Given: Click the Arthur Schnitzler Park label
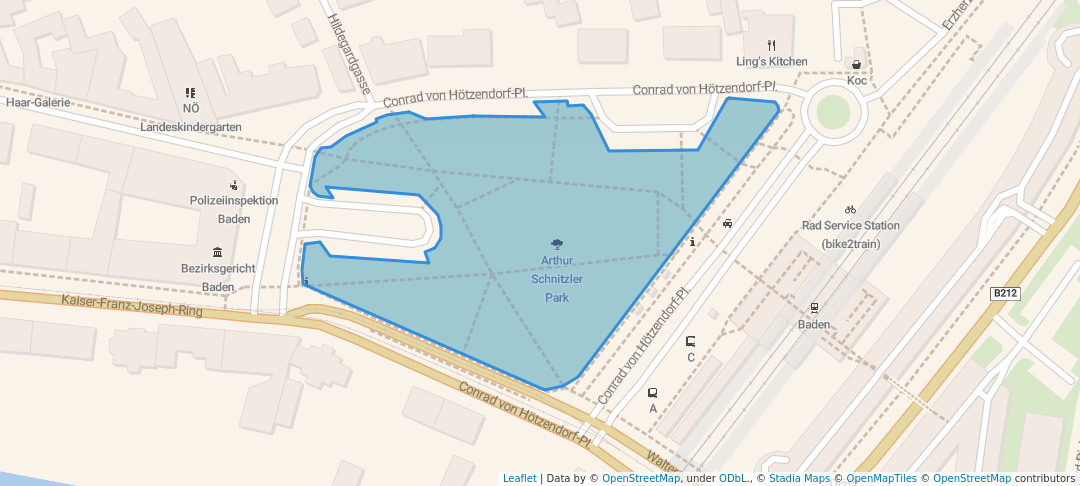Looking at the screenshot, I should click(x=557, y=279).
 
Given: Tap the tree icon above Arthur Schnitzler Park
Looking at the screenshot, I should click(x=557, y=243).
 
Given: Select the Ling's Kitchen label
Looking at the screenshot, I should click(x=771, y=61).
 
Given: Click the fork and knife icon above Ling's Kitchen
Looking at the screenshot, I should click(x=771, y=45).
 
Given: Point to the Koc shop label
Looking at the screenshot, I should click(x=857, y=80).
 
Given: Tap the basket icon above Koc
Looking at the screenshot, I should click(x=857, y=64).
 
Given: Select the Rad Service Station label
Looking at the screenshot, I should click(x=850, y=226).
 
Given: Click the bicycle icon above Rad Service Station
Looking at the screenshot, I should click(x=850, y=209).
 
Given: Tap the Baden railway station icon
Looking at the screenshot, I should click(x=814, y=308).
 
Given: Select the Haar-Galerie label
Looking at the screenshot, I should click(x=38, y=102).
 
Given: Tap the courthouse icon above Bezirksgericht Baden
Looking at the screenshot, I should click(x=218, y=252).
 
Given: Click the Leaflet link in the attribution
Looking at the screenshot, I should click(x=519, y=478).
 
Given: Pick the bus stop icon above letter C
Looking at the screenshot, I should click(x=690, y=341).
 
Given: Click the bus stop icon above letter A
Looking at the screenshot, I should click(x=653, y=393).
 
